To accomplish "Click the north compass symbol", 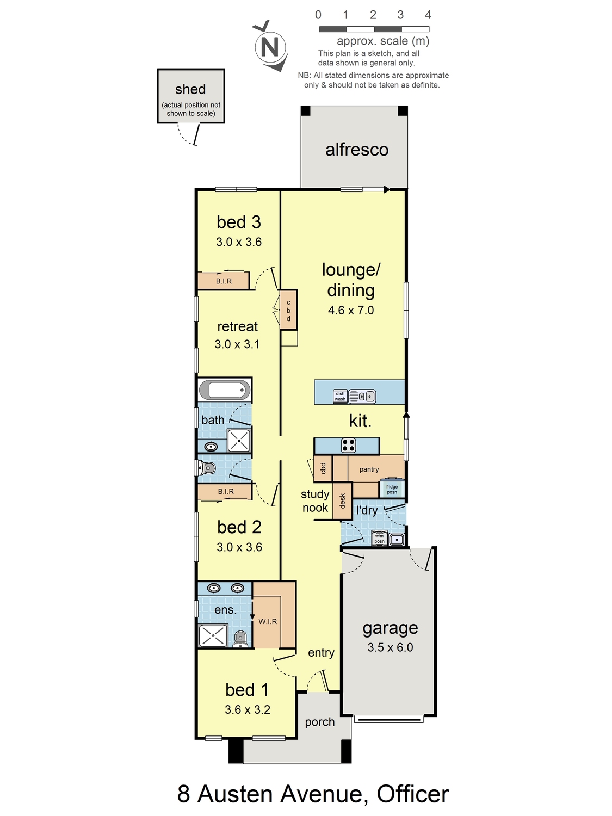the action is tap(270, 46).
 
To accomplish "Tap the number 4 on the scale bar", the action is tap(428, 15).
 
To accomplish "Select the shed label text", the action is tap(190, 89).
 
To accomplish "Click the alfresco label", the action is tap(357, 150).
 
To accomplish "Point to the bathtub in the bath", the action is tap(225, 390).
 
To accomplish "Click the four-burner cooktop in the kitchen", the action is tap(349, 445).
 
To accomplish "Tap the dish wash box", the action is tap(340, 396).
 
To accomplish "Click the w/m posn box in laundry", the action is tap(379, 539).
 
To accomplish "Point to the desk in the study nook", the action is tap(342, 501).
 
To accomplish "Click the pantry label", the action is tap(369, 469).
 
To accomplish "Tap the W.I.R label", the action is tap(268, 621).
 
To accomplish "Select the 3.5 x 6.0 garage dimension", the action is tap(390, 647).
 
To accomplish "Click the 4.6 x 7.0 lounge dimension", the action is tap(351, 310).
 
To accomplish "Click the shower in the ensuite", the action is tap(213, 635).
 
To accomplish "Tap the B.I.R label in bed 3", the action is tap(224, 281).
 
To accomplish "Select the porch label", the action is tap(320, 721).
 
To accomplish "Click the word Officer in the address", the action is tap(413, 794).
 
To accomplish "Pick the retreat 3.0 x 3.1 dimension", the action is tap(237, 344).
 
